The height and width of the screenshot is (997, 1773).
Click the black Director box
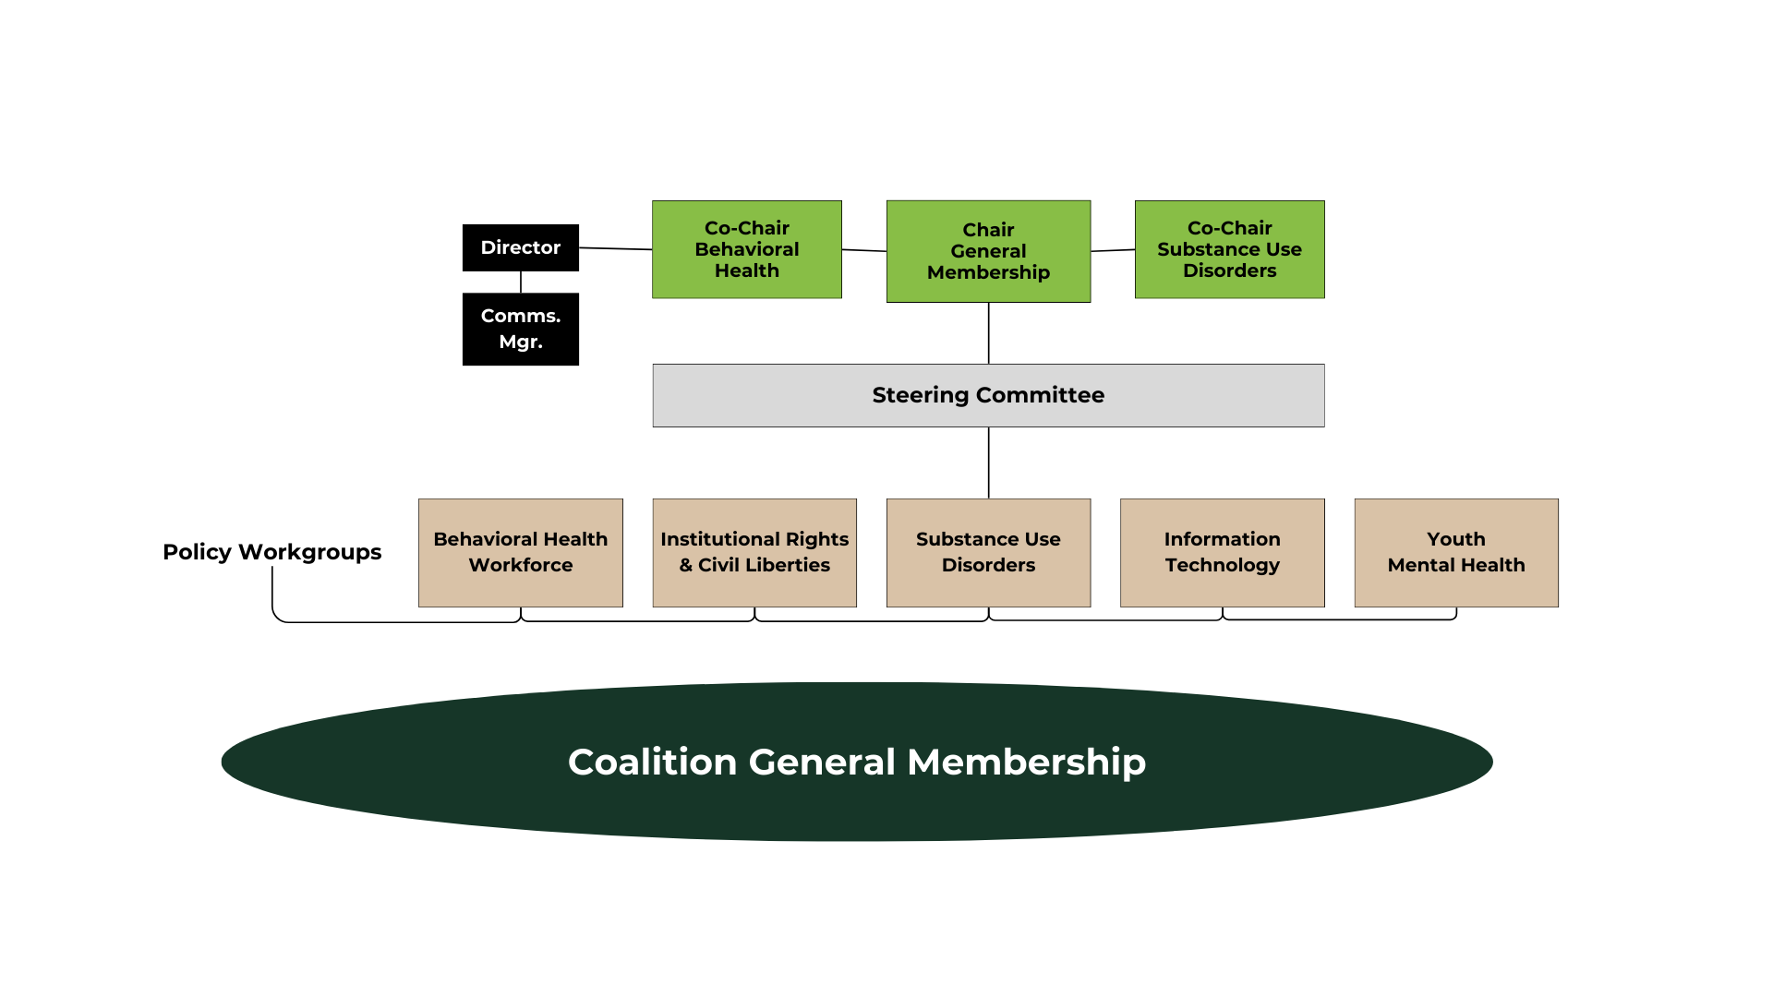pyautogui.click(x=520, y=247)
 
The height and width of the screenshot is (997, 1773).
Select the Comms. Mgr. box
pyautogui.click(x=520, y=329)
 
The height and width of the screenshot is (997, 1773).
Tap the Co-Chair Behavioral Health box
pyautogui.click(x=746, y=249)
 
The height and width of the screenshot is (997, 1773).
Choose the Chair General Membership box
pyautogui.click(x=988, y=251)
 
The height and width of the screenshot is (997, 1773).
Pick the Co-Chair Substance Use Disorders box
pyautogui.click(x=1229, y=249)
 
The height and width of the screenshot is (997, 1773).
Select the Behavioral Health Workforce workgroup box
pyautogui.click(x=520, y=552)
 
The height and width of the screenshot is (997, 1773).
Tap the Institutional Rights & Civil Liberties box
pyautogui.click(x=754, y=552)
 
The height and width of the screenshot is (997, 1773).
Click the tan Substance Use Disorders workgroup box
pyautogui.click(x=988, y=552)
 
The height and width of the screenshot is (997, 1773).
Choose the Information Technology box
pyautogui.click(x=1222, y=552)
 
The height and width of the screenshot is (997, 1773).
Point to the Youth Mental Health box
pyautogui.click(x=1455, y=552)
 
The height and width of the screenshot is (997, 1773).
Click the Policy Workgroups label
pyautogui.click(x=271, y=552)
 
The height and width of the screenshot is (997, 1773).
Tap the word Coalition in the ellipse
pyautogui.click(x=652, y=763)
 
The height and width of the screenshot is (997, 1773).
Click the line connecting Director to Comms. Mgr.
pyautogui.click(x=521, y=282)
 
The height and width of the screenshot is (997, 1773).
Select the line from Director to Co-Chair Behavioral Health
pyautogui.click(x=615, y=248)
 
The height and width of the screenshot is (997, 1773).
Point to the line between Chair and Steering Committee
pyautogui.click(x=989, y=332)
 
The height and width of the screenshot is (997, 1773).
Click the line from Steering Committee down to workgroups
pyautogui.click(x=989, y=462)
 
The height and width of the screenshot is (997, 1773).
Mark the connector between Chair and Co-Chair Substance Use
pyautogui.click(x=1113, y=250)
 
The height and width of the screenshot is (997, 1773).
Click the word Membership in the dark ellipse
pyautogui.click(x=1026, y=763)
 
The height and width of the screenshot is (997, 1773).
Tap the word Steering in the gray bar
pyautogui.click(x=913, y=395)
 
